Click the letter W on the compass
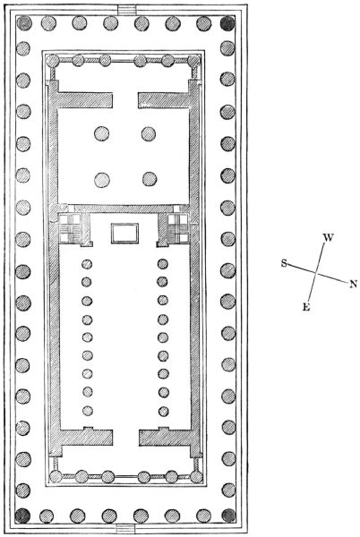tap(328, 237)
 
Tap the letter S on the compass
tap(284, 263)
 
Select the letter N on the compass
tap(353, 284)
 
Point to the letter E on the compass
tap(306, 307)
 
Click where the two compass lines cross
tap(316, 273)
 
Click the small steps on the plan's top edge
tap(127, 10)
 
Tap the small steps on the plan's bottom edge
tap(126, 528)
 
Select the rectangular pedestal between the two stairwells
tap(124, 234)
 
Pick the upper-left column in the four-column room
tap(102, 133)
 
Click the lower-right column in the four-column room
tap(150, 179)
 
